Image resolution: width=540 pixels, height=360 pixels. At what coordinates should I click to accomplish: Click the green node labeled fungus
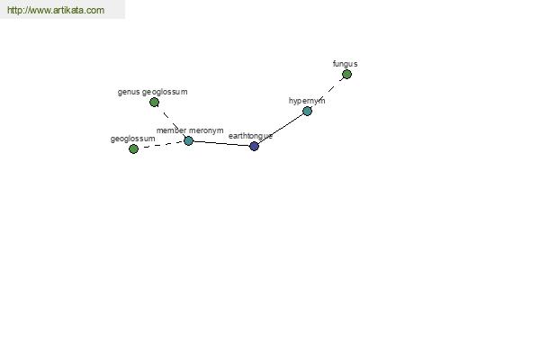pyautogui.click(x=346, y=74)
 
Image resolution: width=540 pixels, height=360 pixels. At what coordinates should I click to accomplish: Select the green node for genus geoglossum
pyautogui.click(x=154, y=102)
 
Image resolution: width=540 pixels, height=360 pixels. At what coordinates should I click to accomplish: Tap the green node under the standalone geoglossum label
pyautogui.click(x=133, y=148)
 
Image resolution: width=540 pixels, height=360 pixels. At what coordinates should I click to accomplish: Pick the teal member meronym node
pyautogui.click(x=188, y=140)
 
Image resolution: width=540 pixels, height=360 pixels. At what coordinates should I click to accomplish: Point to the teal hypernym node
pyautogui.click(x=307, y=111)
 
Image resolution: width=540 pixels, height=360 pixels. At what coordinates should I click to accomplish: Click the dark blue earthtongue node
pyautogui.click(x=254, y=146)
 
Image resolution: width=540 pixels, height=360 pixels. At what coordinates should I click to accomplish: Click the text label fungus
pyautogui.click(x=345, y=64)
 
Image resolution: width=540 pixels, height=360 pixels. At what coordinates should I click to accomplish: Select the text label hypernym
pyautogui.click(x=307, y=101)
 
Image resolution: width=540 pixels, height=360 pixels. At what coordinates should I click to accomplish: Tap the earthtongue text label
pyautogui.click(x=250, y=136)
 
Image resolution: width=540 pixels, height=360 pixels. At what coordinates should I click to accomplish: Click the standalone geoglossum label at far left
pyautogui.click(x=132, y=139)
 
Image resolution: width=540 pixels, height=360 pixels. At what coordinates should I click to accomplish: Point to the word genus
pyautogui.click(x=129, y=93)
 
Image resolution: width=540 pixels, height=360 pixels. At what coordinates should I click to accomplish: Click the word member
pyautogui.click(x=172, y=130)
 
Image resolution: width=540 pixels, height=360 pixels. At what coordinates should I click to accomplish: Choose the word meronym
pyautogui.click(x=206, y=130)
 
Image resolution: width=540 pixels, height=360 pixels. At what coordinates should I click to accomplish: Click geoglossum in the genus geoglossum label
pyautogui.click(x=165, y=93)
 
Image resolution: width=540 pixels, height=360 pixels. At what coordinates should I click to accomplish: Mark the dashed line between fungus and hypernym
pyautogui.click(x=328, y=92)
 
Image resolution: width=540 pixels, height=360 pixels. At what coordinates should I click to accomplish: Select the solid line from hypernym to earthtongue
pyautogui.click(x=281, y=129)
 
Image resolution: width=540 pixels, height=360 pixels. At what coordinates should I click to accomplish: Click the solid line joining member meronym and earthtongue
pyautogui.click(x=221, y=143)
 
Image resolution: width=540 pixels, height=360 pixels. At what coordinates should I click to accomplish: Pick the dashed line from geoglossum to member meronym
pyautogui.click(x=161, y=145)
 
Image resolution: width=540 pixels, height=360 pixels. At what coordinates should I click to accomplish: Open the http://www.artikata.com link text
pyautogui.click(x=56, y=10)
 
